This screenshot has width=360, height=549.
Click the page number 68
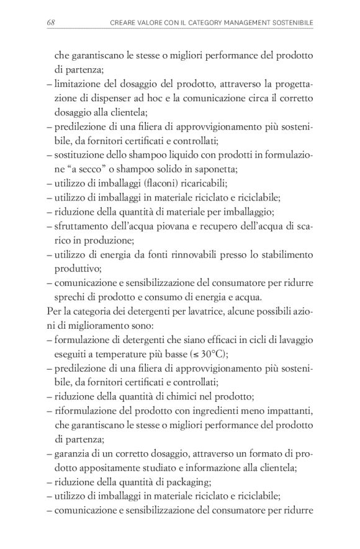pyautogui.click(x=51, y=23)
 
